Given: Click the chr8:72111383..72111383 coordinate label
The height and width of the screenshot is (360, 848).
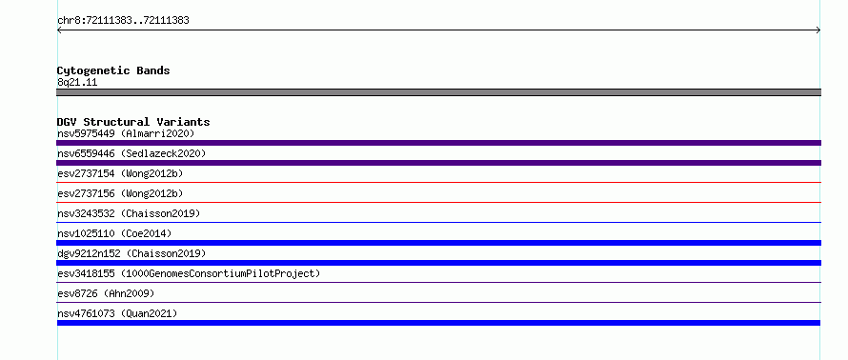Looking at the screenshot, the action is (x=123, y=21).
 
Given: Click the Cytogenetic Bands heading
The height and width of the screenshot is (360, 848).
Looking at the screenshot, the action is (x=113, y=70).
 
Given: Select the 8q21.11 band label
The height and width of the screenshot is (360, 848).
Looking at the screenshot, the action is (x=77, y=83).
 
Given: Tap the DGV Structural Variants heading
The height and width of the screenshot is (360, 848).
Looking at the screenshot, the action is (x=133, y=122).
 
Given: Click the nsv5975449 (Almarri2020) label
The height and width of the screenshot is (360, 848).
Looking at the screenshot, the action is (x=126, y=133).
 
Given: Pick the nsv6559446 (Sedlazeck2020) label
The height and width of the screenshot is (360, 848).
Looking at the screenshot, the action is (x=131, y=153).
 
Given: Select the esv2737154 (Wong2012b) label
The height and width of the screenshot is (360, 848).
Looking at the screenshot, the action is (x=120, y=173).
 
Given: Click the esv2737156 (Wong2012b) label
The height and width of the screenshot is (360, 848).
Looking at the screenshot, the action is (x=120, y=193).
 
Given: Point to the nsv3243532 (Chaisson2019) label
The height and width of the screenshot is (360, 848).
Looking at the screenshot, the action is (x=129, y=213).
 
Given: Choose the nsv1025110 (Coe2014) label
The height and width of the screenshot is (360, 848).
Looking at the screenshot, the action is (x=114, y=233).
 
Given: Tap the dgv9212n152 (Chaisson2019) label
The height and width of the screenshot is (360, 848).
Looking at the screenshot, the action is (x=131, y=253).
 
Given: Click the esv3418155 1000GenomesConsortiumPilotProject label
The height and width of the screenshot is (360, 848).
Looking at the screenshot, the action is (x=189, y=273).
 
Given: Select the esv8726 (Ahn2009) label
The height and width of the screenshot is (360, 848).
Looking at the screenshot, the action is (x=106, y=293).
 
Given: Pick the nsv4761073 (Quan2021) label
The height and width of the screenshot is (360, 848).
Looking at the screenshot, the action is (x=117, y=313).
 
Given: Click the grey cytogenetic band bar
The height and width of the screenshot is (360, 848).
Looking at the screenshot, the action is (x=438, y=92).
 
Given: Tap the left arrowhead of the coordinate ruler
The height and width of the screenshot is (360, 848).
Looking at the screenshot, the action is (x=58, y=30).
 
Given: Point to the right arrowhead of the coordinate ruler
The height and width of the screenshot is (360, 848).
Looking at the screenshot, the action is (x=818, y=30).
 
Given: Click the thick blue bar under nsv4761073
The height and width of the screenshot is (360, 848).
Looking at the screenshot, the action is (x=438, y=323).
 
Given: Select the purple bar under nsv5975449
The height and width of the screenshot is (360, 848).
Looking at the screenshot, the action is (x=438, y=143).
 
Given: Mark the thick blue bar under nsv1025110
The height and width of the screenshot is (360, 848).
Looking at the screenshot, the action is (x=438, y=243).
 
